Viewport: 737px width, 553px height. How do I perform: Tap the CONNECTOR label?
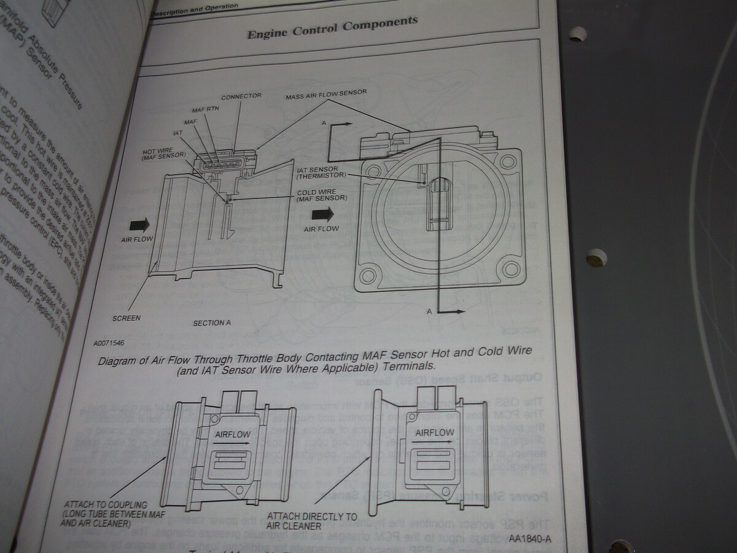(x=241, y=96)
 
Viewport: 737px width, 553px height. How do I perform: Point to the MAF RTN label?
(x=205, y=109)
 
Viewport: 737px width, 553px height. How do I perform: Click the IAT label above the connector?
(x=177, y=132)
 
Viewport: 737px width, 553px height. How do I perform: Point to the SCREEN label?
(x=127, y=318)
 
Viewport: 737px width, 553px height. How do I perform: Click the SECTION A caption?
(x=212, y=323)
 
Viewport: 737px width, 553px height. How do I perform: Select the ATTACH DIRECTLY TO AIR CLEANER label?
(x=311, y=521)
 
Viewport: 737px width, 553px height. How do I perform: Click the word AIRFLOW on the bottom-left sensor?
(x=233, y=436)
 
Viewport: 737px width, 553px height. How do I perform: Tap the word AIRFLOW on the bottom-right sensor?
(x=434, y=433)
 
